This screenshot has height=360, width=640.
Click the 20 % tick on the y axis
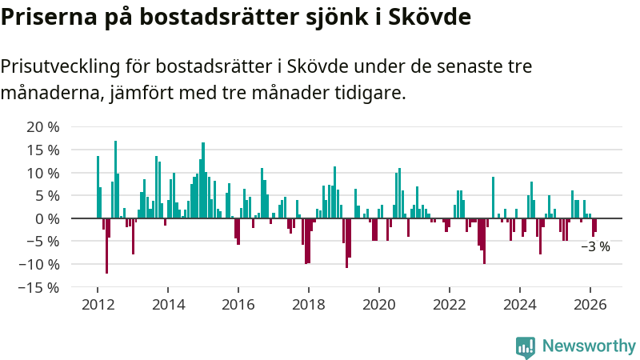pos(43,127)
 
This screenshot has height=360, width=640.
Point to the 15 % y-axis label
pos(43,150)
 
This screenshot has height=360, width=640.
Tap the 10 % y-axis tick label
pos(43,173)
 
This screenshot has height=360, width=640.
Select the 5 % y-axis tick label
pos(47,196)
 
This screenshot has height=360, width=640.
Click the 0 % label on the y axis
pos(47,218)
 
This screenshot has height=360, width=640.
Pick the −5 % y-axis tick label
pos(43,242)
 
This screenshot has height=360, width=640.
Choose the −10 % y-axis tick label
pos(39,264)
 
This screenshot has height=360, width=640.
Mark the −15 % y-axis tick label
pos(39,287)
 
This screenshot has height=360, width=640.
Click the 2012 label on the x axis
pos(98,305)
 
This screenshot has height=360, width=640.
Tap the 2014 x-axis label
pos(168,305)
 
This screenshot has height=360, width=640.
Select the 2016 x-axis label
pos(238,305)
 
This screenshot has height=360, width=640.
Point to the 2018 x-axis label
pos(309,305)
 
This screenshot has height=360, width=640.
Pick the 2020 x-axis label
pos(379,305)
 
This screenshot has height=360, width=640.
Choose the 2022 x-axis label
pos(450,305)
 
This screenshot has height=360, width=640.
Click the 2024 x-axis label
pos(520,305)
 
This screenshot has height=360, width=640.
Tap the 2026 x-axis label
pos(590,305)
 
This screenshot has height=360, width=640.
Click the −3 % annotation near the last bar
pos(595,247)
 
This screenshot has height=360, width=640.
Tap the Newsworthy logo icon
pos(526,346)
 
